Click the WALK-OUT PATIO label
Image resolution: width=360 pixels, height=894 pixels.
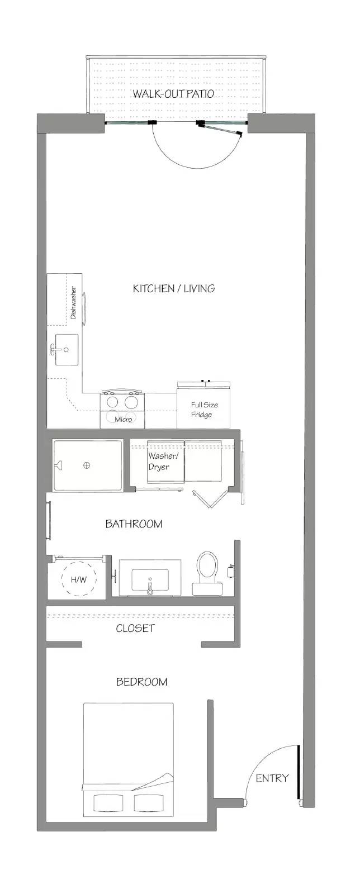point(173,94)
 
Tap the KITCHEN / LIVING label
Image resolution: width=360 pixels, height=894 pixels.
point(174,288)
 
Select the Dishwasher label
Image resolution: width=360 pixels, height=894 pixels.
point(73,302)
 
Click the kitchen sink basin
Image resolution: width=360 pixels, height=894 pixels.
point(67,350)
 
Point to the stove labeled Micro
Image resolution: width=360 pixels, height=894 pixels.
point(122,409)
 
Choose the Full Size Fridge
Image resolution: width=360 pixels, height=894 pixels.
point(203,406)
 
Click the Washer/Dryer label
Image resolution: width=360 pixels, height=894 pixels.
point(158,462)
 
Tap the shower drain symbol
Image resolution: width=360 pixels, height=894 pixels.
point(87,465)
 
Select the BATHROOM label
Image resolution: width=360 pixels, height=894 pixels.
point(134,524)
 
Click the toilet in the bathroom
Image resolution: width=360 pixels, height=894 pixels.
point(207,573)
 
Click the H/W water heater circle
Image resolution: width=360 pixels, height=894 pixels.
point(79,579)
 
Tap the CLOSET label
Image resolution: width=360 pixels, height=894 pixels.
point(135,628)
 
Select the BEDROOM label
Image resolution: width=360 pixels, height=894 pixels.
point(141,682)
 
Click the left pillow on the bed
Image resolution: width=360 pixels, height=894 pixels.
point(107,802)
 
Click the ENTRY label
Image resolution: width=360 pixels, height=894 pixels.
point(272,778)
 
